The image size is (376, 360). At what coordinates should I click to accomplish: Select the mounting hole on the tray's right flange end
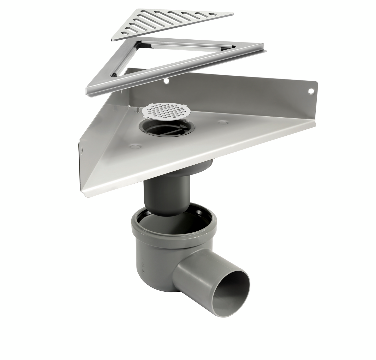[311, 91]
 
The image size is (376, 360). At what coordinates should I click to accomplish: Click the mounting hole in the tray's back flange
[166, 81]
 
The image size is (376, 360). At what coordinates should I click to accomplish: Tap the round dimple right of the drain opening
[223, 122]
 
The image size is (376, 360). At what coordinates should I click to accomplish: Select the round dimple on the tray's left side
[135, 146]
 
